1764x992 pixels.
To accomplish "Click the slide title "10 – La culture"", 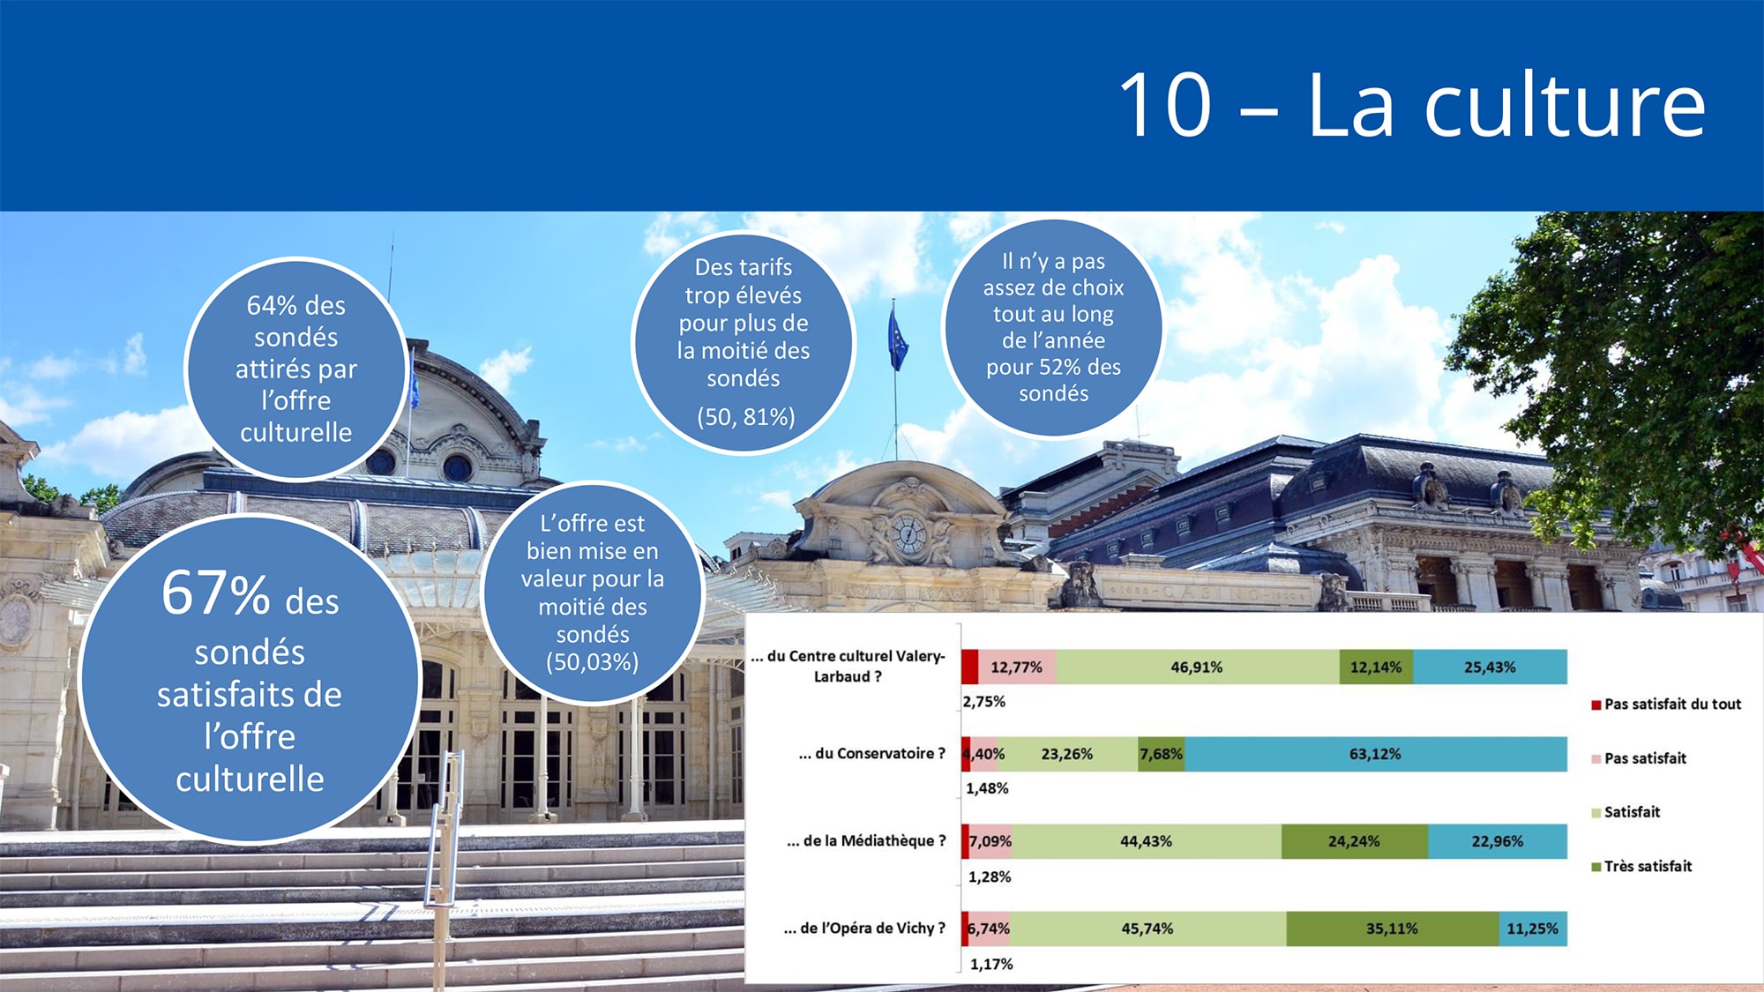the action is point(1411,105).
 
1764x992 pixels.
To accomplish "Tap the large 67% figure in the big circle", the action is point(215,592).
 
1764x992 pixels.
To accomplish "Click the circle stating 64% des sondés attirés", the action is point(296,369).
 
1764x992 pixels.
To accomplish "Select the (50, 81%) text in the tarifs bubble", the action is point(745,416).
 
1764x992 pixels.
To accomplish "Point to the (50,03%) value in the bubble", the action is point(592,661).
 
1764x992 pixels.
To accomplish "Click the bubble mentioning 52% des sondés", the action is point(1053,327).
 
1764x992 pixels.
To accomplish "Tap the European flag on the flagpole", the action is point(896,339).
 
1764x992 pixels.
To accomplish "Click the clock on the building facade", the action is point(908,533).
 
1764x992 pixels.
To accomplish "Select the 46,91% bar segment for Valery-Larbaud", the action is point(1197,667).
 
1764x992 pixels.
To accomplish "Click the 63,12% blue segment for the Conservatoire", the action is point(1375,754).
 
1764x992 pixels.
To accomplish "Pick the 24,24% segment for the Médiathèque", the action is point(1354,841).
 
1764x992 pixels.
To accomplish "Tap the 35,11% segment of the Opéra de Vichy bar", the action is point(1392,929).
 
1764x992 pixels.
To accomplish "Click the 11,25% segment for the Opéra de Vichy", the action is point(1533,929).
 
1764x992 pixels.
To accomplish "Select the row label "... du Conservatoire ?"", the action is point(871,753).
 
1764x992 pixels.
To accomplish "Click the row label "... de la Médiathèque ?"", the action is point(866,840).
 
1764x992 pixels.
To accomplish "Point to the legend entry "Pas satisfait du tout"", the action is point(1666,704).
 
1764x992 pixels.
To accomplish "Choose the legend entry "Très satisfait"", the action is point(1641,866).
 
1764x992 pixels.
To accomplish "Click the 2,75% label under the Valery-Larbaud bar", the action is point(984,701).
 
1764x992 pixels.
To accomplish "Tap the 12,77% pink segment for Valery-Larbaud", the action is point(1016,667).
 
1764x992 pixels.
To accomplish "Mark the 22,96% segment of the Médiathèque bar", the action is point(1498,841).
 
